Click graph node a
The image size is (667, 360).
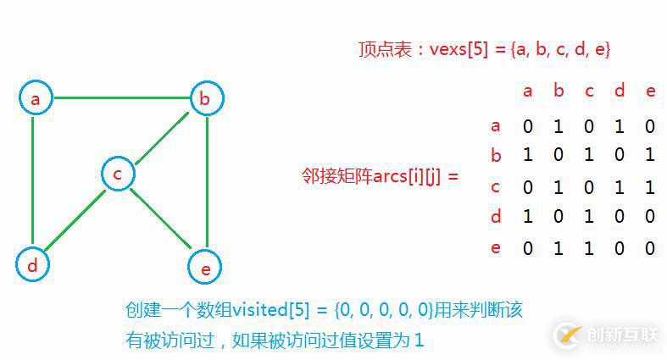36,97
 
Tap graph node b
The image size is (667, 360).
207,98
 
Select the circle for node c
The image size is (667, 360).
119,174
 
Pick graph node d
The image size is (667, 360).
33,264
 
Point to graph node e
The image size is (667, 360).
205,267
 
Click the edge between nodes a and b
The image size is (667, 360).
122,97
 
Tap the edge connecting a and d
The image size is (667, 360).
32,180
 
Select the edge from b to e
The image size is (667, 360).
207,182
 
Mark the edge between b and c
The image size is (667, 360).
162,139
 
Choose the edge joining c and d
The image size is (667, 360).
75,220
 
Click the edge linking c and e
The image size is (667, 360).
161,218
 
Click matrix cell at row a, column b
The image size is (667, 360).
559,126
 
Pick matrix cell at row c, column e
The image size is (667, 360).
649,187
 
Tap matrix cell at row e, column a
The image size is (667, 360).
528,248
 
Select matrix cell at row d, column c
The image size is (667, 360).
589,216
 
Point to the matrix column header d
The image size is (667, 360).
620,90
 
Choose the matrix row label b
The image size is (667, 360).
496,155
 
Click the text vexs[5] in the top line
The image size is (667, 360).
459,49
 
